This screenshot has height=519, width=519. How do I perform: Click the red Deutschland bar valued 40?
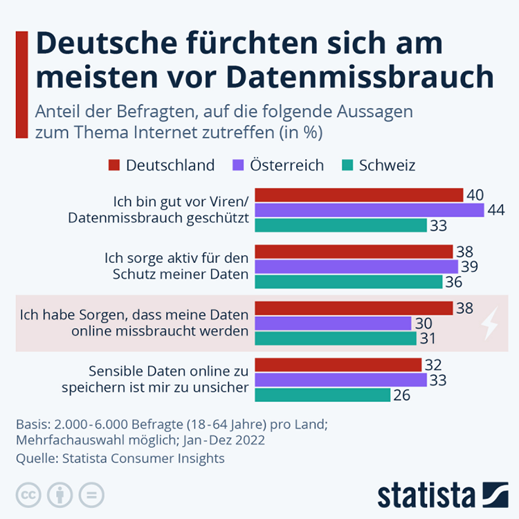[x=359, y=194]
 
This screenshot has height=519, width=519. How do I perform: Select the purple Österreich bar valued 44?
[x=370, y=210]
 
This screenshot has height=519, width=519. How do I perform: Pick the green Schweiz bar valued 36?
[x=349, y=282]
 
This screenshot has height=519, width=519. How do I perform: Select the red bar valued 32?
[x=338, y=365]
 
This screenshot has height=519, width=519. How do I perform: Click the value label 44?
[x=495, y=210]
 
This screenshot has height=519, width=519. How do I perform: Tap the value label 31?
[x=428, y=338]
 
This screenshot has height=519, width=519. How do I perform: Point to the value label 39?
[x=470, y=266]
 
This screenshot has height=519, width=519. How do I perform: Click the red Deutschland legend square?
[x=114, y=165]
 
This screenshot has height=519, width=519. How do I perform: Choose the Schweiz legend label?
[x=387, y=165]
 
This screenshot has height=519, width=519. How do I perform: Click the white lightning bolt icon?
[x=489, y=323]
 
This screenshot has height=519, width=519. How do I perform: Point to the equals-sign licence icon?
[x=91, y=495]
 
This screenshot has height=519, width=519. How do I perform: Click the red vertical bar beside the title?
[x=21, y=83]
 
